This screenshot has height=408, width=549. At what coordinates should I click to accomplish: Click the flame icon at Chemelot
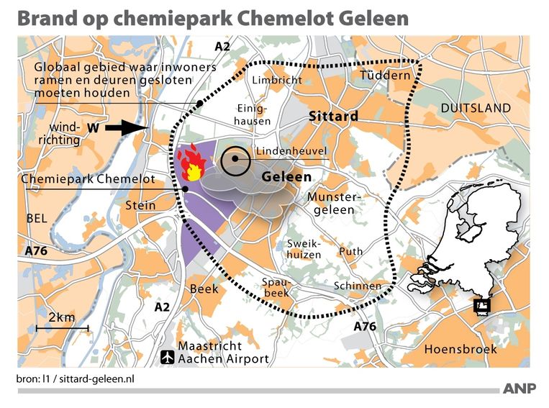click(x=193, y=165)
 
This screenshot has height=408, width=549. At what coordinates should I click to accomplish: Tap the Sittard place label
click(x=333, y=116)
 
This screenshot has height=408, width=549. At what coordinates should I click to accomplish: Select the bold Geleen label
click(x=287, y=176)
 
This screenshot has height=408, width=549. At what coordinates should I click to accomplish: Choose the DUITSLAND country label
click(x=476, y=108)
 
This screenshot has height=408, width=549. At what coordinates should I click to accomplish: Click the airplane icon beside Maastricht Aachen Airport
click(x=168, y=356)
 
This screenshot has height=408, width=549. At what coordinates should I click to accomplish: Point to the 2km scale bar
click(x=68, y=328)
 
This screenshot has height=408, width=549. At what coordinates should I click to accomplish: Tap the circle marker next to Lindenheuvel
click(x=235, y=161)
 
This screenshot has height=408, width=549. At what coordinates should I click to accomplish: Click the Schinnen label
click(x=358, y=286)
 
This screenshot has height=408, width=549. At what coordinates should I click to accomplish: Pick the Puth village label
click(x=350, y=252)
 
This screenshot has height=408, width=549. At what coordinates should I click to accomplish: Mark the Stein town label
click(x=140, y=205)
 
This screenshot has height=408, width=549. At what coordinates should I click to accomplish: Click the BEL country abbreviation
click(x=35, y=217)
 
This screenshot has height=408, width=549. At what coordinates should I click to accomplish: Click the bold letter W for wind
click(x=93, y=128)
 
